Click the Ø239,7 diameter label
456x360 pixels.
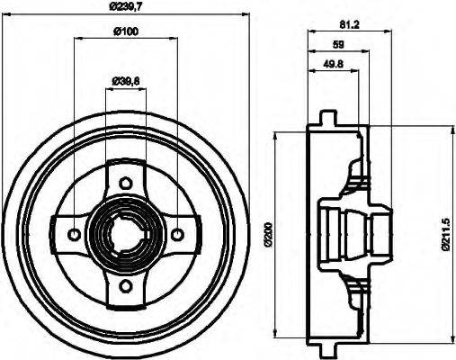(x=125, y=8)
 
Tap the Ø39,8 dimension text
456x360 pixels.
(x=125, y=81)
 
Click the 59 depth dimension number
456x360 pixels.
(x=339, y=44)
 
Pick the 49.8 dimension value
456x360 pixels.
(x=331, y=64)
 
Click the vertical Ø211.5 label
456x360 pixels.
(x=446, y=236)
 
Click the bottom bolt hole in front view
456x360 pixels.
(x=125, y=288)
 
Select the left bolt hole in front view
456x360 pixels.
(x=73, y=235)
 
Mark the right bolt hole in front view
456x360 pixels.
(x=177, y=235)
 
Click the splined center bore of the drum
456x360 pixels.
(x=125, y=235)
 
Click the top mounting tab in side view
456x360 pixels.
(x=329, y=119)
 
